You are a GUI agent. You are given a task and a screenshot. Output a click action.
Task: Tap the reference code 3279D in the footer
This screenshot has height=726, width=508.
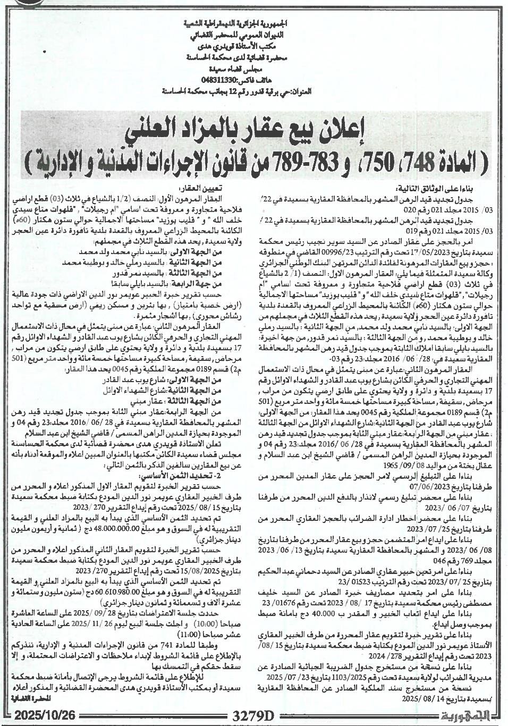[252, 715]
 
